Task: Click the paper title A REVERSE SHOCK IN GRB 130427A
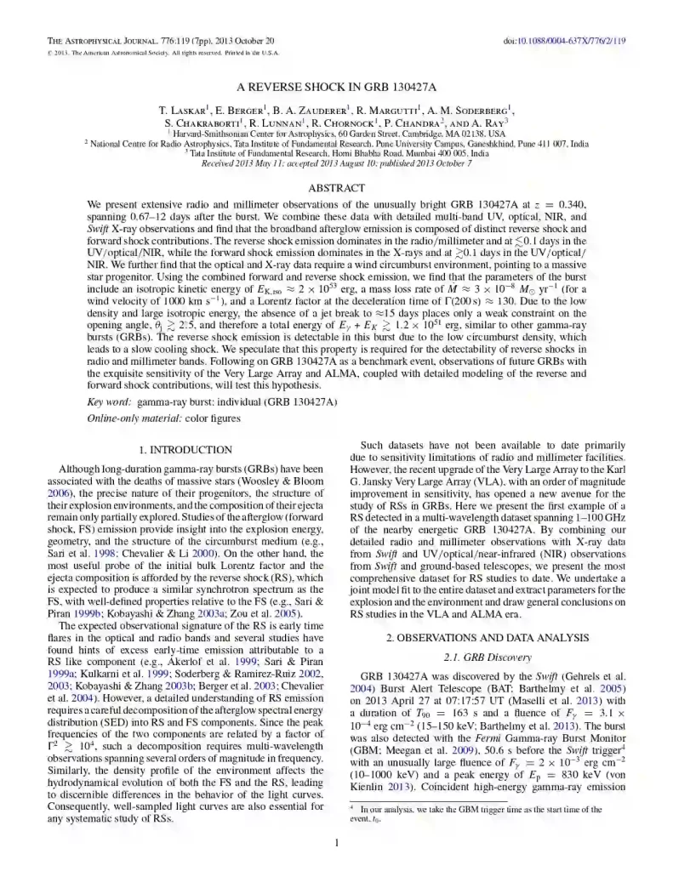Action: click(x=337, y=88)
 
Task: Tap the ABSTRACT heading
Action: click(x=337, y=187)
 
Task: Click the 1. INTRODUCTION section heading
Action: click(x=185, y=449)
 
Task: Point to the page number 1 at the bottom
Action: click(x=337, y=843)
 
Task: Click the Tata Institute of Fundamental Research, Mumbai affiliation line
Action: click(x=337, y=153)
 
